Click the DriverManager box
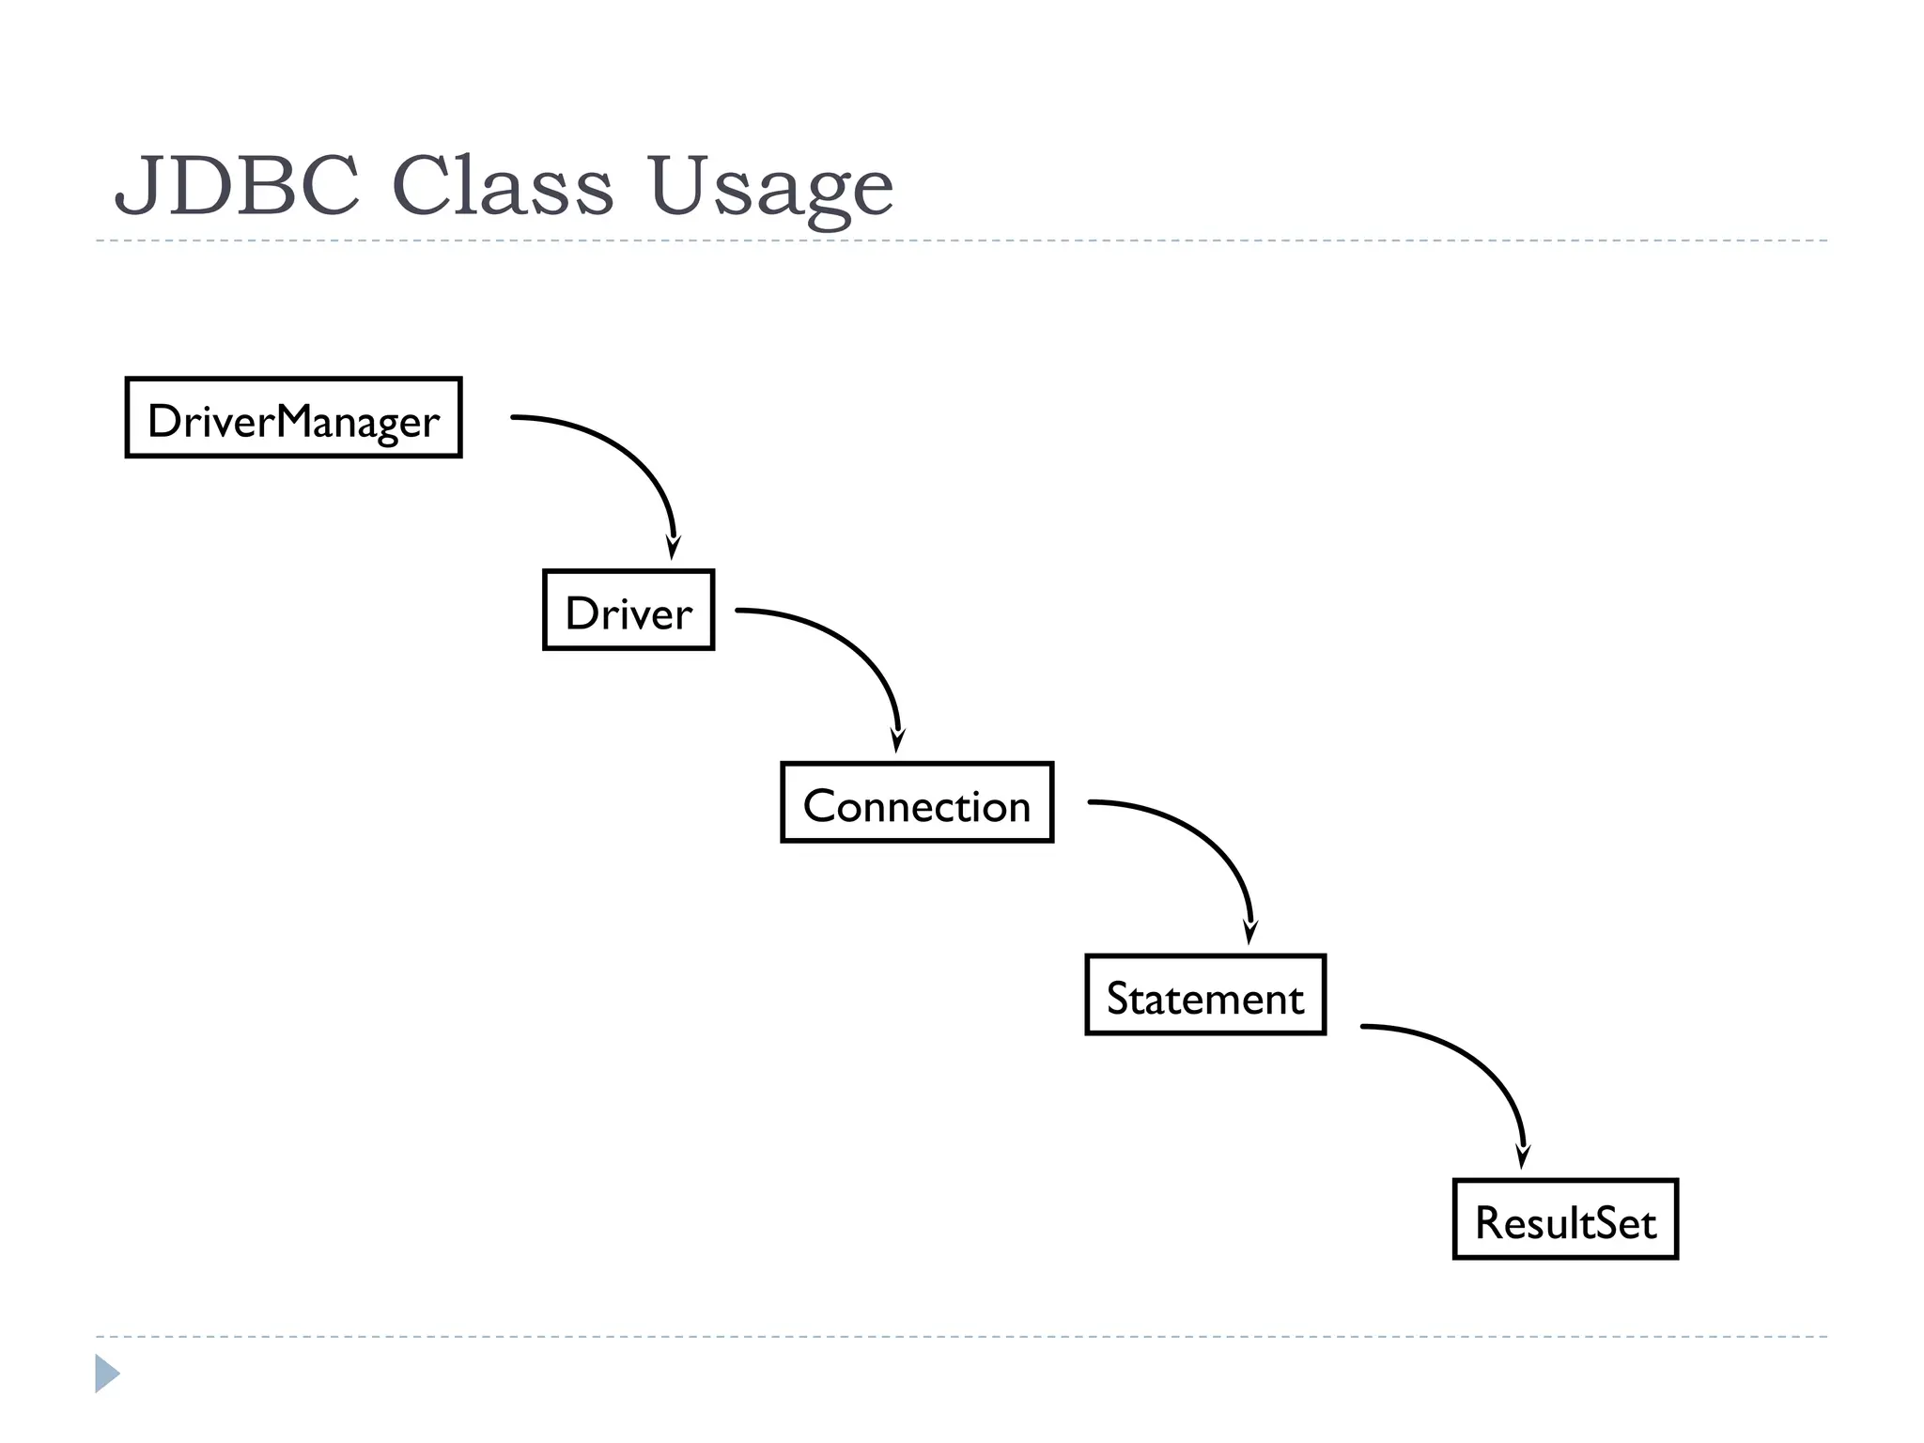click(293, 418)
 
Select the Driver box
click(628, 610)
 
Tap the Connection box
click(917, 802)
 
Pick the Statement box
click(1205, 995)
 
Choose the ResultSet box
click(1565, 1219)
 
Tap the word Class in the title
click(502, 185)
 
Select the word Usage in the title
click(770, 188)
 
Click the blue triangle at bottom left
click(106, 1373)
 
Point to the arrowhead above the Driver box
click(673, 548)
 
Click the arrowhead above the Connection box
click(897, 740)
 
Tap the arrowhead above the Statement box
click(1249, 932)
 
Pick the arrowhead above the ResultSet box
click(1523, 1156)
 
